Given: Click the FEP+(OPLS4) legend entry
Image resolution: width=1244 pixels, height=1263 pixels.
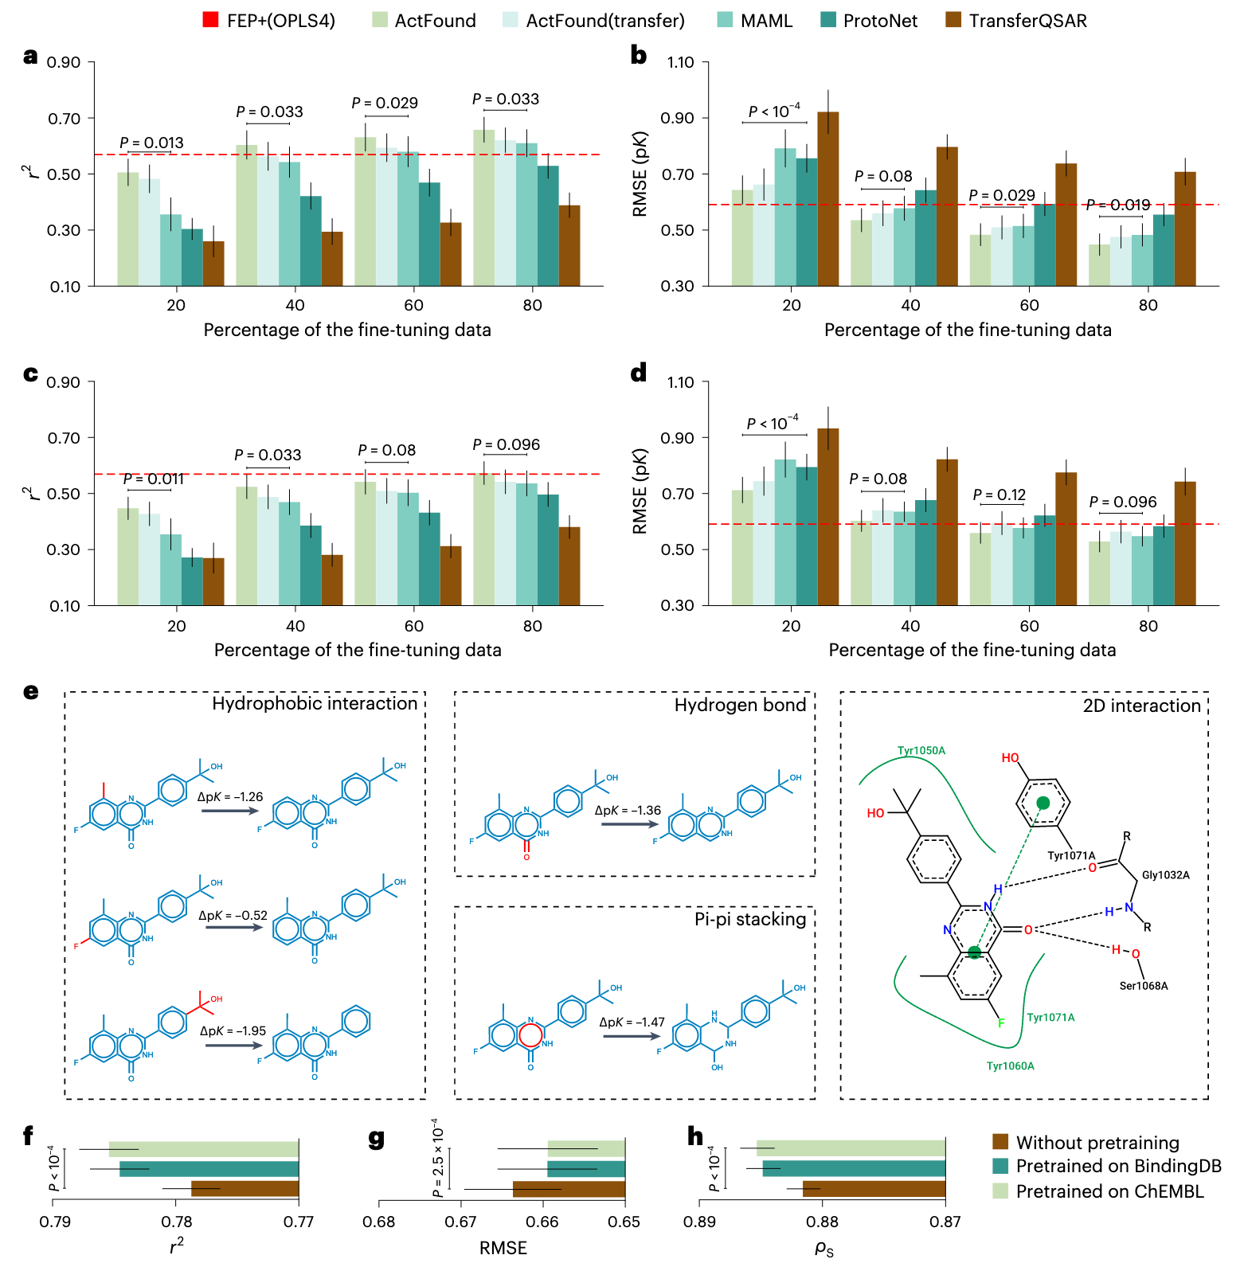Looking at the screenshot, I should click(x=269, y=21).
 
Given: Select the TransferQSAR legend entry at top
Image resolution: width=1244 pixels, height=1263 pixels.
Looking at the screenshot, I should click(x=1016, y=21).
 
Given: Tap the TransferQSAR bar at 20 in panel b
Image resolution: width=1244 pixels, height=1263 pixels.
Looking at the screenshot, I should click(x=828, y=199).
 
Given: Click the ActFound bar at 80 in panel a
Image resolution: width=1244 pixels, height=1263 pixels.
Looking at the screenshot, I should click(x=483, y=207).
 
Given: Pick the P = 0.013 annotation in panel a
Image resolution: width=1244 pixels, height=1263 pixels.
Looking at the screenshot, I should click(x=151, y=143).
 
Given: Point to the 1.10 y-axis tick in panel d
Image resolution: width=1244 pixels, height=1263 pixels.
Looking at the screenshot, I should click(x=680, y=382).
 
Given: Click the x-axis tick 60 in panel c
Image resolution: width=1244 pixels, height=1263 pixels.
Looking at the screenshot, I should click(x=414, y=626).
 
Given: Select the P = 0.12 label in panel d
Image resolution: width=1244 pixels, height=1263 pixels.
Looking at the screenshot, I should click(x=1000, y=495).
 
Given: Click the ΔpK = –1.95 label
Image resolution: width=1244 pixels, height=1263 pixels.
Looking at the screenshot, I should click(x=233, y=1030).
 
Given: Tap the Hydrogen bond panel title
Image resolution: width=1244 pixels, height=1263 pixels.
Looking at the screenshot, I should click(x=740, y=705).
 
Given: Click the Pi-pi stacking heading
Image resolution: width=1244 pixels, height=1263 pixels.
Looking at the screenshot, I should click(x=750, y=919).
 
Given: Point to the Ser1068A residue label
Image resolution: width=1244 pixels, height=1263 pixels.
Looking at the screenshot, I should click(x=1144, y=986).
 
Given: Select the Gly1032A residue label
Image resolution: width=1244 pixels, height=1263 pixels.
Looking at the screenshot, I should click(x=1166, y=875).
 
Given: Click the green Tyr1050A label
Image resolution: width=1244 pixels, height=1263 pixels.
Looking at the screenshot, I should click(x=921, y=750).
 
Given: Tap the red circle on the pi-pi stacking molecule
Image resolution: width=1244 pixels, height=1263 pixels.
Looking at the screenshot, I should click(x=530, y=1034).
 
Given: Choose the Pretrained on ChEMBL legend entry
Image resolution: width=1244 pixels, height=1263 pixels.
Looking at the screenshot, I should click(x=1097, y=1191).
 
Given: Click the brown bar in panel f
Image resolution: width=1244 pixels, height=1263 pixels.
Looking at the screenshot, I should click(x=245, y=1189).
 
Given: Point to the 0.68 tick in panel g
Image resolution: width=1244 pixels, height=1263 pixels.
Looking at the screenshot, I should click(x=379, y=1222).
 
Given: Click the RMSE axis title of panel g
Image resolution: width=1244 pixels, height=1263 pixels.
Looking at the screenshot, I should click(x=503, y=1248).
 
